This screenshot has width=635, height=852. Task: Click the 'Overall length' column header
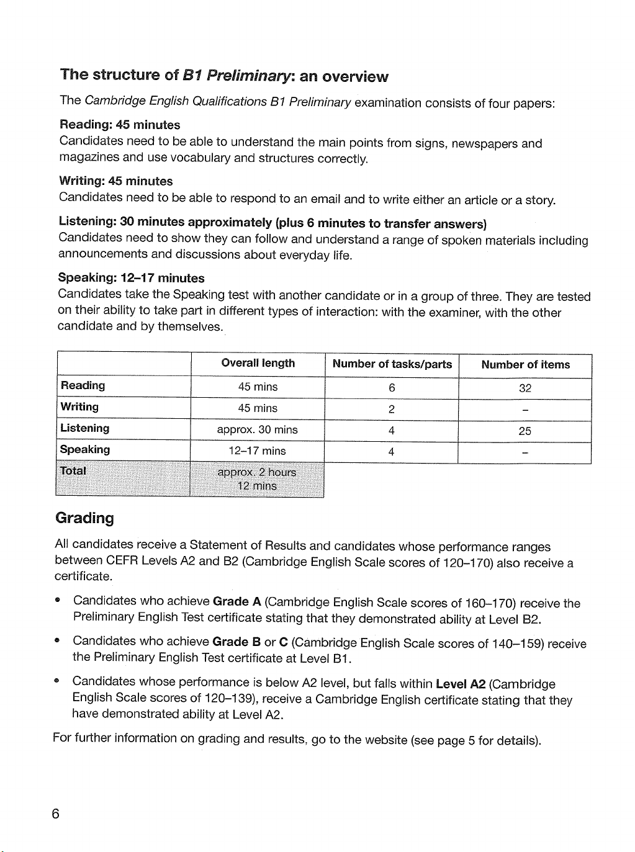click(x=258, y=364)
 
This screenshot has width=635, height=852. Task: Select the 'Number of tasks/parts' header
click(x=392, y=364)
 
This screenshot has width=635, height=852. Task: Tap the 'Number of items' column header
click(x=525, y=365)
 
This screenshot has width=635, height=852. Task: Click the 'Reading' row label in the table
click(x=83, y=386)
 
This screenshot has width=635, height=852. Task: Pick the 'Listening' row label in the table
click(x=85, y=429)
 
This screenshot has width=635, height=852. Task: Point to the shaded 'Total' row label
click(x=73, y=471)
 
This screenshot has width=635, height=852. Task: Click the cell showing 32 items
click(x=525, y=389)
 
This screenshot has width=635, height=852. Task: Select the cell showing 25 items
click(x=525, y=431)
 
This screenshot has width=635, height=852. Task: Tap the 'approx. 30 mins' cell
click(x=257, y=430)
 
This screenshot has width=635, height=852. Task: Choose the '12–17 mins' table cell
click(x=257, y=451)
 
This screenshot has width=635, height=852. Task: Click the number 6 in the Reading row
click(x=392, y=388)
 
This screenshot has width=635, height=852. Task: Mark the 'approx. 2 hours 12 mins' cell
click(x=257, y=479)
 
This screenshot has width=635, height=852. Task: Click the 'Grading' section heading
click(x=85, y=518)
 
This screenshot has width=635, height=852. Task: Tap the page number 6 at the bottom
click(x=56, y=814)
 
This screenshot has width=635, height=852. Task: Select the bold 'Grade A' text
click(x=236, y=602)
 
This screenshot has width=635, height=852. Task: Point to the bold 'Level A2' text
click(x=461, y=684)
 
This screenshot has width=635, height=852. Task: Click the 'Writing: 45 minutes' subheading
click(x=116, y=181)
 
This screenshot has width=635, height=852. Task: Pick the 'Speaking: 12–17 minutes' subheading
click(x=131, y=278)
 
